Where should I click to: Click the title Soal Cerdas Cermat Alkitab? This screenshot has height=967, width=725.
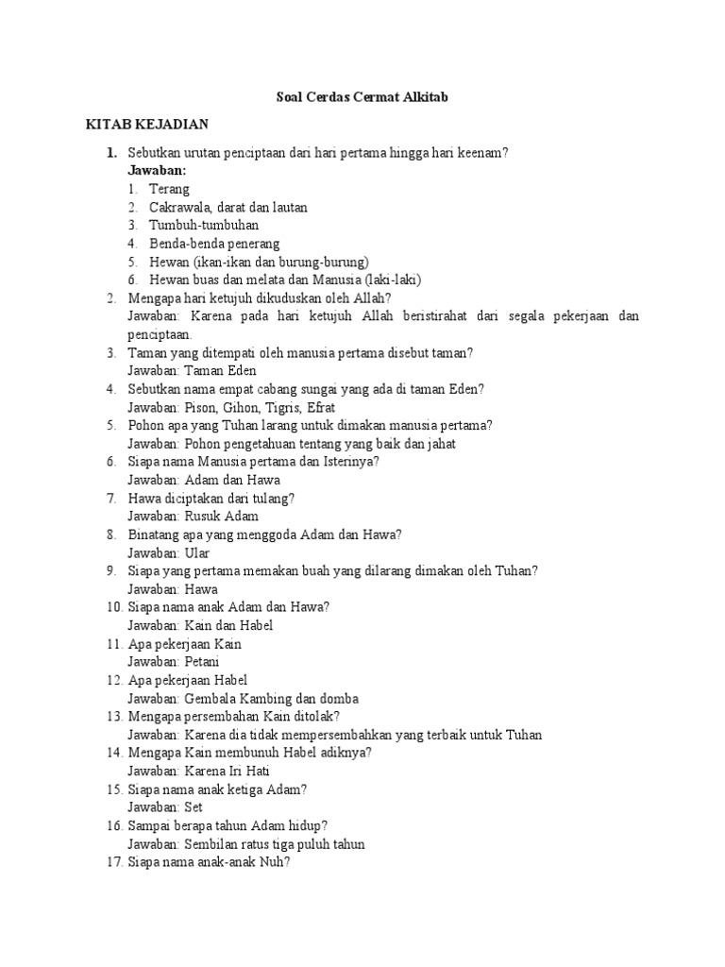tap(362, 96)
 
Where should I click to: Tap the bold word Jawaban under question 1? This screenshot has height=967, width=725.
tap(157, 170)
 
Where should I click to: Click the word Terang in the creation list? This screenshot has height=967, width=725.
tap(169, 189)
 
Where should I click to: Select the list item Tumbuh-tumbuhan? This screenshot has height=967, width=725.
tap(203, 225)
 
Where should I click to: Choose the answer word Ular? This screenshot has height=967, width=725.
tap(196, 552)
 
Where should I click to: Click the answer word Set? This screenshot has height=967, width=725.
tap(194, 807)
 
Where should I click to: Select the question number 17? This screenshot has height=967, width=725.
tap(112, 862)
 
